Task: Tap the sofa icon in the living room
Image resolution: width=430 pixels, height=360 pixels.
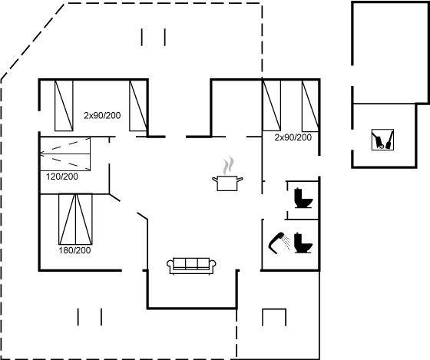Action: pos(191,266)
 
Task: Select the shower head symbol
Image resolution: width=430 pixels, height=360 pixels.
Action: pos(276,243)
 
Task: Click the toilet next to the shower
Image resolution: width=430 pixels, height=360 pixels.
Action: pos(303,243)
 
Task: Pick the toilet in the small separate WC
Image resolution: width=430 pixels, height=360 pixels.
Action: pos(303,198)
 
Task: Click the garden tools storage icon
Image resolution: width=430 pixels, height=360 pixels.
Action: pos(382,140)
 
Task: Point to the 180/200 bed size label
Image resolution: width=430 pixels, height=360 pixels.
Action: pos(74,250)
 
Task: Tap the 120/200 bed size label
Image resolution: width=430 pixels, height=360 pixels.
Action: pos(62,177)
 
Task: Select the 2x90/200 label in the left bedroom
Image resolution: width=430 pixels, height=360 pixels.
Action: pos(102,115)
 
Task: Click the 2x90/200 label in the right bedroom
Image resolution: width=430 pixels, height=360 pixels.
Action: pos(293,137)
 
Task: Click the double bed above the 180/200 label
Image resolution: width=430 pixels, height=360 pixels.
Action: pos(75,219)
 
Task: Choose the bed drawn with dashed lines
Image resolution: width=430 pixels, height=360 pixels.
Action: pos(65,154)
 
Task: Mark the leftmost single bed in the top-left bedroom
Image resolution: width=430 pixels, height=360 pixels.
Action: pos(64,106)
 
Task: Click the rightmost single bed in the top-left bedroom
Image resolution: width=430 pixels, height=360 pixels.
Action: pos(138,106)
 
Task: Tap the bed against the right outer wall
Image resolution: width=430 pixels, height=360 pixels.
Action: pos(310,106)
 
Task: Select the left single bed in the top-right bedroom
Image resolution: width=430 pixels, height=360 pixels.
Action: pos(272,106)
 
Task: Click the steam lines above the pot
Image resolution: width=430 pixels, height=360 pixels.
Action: pos(228,166)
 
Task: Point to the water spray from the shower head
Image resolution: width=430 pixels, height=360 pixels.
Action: pos(286,242)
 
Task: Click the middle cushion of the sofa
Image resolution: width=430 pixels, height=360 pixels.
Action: pos(191,263)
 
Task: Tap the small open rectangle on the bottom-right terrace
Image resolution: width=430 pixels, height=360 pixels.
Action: pos(274,309)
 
